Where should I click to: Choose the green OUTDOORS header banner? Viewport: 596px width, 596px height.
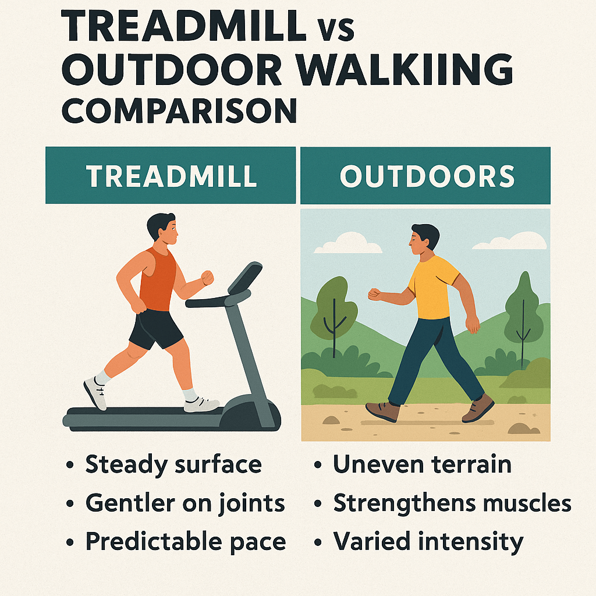(x=425, y=175)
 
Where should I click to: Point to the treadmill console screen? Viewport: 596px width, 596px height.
(x=245, y=278)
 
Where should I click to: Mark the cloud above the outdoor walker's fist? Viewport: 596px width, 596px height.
(x=347, y=244)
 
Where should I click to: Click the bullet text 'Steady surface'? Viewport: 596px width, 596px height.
(x=173, y=464)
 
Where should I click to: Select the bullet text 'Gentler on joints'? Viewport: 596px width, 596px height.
(x=185, y=503)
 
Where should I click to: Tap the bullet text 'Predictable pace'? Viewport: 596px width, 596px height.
(x=186, y=541)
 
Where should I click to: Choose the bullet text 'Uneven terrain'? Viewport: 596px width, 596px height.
(x=422, y=464)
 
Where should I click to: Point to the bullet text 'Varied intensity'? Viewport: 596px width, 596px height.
(x=428, y=541)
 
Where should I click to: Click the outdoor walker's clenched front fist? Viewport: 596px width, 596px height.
(x=374, y=295)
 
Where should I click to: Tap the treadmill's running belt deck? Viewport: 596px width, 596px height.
(x=146, y=415)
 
